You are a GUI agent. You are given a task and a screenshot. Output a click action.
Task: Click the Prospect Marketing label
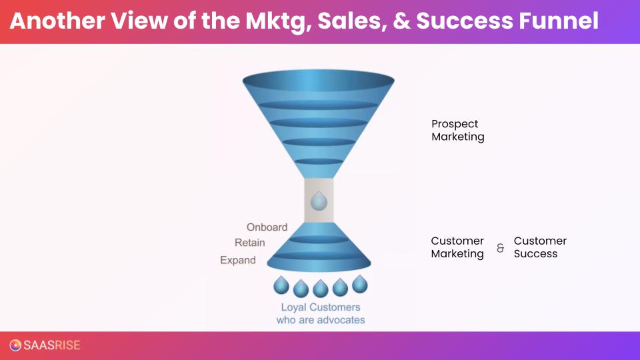click(457, 130)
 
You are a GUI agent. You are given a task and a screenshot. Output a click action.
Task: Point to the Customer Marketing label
click(457, 247)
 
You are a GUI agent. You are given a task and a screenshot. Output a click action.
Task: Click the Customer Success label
click(540, 247)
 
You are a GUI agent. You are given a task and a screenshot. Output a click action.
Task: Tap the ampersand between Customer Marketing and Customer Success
click(500, 248)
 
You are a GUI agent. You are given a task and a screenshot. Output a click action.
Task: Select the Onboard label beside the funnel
click(267, 227)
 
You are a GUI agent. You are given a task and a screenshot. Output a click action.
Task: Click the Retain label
click(249, 243)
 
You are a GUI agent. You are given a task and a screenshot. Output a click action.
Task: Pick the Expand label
click(238, 260)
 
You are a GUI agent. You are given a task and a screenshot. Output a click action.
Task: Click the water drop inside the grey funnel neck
click(319, 201)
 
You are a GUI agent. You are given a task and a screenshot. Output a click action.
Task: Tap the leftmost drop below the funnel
click(281, 285)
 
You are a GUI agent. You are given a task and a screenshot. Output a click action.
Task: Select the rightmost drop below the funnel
click(360, 284)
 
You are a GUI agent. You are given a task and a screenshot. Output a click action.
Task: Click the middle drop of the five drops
click(321, 287)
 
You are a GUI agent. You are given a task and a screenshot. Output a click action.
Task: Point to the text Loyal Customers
click(320, 307)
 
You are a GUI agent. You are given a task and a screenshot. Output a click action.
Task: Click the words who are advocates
click(321, 320)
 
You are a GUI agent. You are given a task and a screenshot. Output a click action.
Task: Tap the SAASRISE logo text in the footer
click(51, 345)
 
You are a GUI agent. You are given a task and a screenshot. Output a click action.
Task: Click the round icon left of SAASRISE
click(15, 345)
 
